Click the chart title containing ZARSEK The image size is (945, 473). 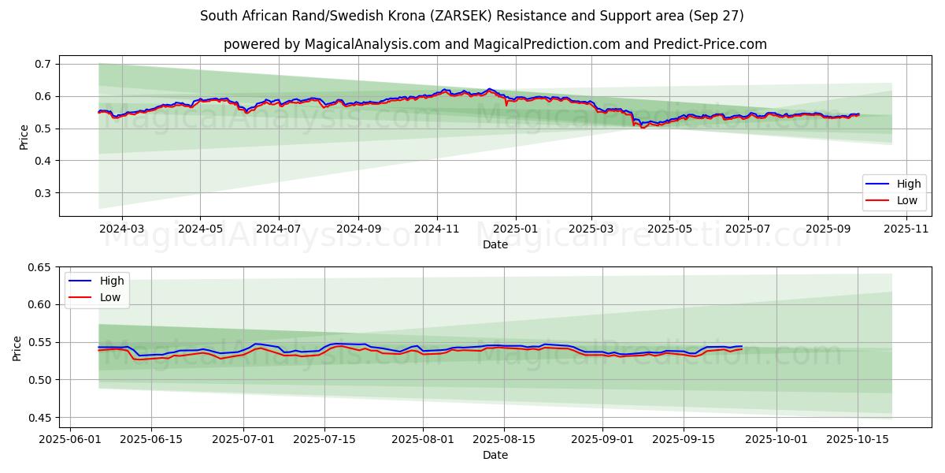coord(472,16)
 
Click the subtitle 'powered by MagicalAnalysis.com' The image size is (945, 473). coord(495,44)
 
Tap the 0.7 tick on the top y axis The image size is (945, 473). coord(43,64)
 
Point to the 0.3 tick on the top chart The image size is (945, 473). coord(43,193)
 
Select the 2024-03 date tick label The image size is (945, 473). coord(122,229)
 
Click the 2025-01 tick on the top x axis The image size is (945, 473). coord(515,229)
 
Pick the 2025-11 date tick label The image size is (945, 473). coord(906,229)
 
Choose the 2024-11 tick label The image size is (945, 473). coord(437,229)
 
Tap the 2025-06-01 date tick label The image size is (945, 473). coord(70,439)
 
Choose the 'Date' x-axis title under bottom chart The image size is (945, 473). coord(495,455)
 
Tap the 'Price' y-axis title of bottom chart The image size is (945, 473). coord(17,348)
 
